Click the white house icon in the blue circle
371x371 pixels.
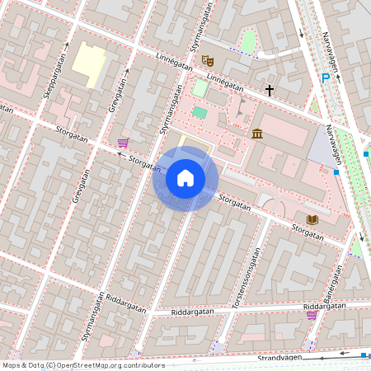pyautogui.click(x=185, y=178)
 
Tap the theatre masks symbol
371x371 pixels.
pyautogui.click(x=208, y=60)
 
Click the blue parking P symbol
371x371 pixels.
pyautogui.click(x=326, y=77)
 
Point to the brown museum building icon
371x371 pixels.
pyautogui.click(x=257, y=134)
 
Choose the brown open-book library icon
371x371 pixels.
pyautogui.click(x=312, y=219)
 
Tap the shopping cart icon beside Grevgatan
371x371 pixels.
pyautogui.click(x=123, y=143)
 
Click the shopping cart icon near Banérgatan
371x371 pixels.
pyautogui.click(x=312, y=314)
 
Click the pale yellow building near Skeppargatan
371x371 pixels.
pyautogui.click(x=88, y=61)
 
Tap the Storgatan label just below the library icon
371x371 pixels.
pyautogui.click(x=307, y=234)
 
